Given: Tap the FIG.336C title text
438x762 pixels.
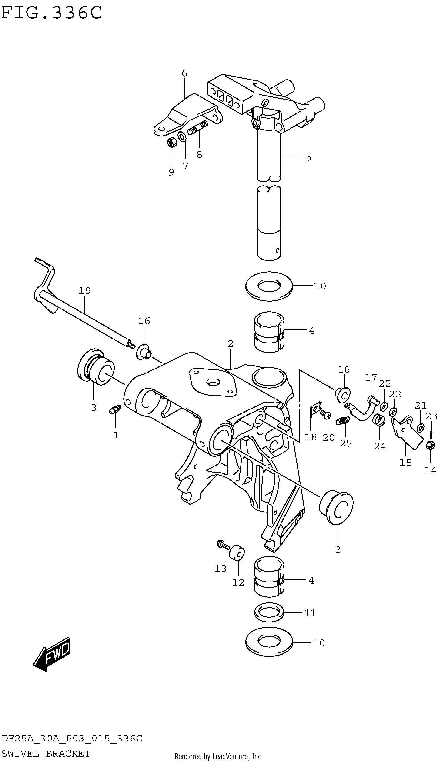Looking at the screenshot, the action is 52,13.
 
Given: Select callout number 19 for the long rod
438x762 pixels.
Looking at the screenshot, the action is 84,291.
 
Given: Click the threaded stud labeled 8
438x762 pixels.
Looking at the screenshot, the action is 198,127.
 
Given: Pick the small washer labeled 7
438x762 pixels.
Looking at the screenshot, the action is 182,136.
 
